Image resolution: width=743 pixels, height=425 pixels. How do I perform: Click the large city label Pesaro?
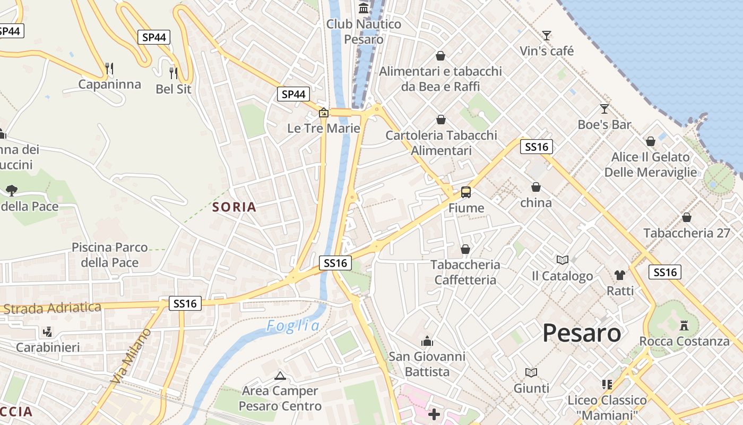click(582, 333)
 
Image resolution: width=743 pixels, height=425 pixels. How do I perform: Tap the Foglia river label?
click(293, 326)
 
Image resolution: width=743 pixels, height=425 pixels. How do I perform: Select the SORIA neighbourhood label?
click(234, 207)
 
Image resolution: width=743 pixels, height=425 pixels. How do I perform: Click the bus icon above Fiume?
click(466, 192)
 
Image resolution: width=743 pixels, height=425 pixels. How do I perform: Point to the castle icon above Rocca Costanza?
click(684, 325)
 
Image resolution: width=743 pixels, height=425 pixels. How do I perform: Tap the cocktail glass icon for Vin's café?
click(547, 36)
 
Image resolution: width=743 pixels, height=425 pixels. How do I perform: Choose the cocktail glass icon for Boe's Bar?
click(604, 109)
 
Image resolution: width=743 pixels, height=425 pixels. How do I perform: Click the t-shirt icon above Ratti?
click(620, 275)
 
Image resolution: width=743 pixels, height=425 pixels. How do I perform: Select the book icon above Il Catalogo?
click(563, 260)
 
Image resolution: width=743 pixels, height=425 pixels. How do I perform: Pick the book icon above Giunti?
click(531, 372)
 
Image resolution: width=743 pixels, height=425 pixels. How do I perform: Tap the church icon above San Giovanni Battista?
click(427, 341)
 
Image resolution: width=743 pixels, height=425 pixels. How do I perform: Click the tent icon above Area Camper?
click(280, 376)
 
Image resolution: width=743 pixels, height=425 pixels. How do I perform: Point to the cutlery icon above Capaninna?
click(109, 68)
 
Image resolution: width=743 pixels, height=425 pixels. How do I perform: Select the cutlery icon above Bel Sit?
click(173, 73)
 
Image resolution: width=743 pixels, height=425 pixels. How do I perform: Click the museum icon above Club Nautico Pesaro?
click(364, 8)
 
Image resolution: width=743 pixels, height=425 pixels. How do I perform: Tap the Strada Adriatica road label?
click(51, 308)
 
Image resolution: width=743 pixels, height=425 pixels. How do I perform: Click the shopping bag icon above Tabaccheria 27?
click(687, 217)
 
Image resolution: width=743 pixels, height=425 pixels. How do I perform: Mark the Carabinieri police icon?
click(48, 332)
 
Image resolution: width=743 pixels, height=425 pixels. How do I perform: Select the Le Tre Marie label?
click(324, 129)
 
